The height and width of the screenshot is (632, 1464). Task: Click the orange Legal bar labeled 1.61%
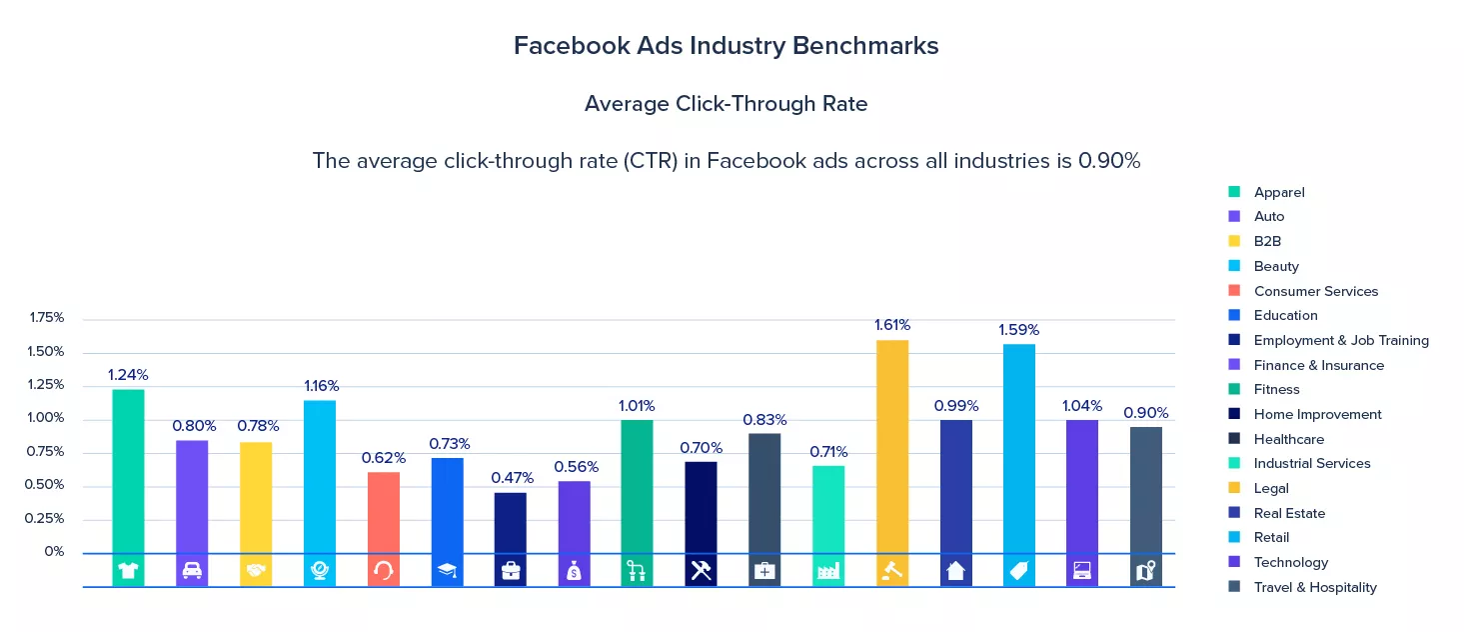coord(892,446)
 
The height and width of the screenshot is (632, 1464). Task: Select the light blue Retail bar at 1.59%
coord(1019,448)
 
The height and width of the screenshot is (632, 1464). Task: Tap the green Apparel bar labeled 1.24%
coord(128,470)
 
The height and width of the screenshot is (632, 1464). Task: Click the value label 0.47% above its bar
coord(512,478)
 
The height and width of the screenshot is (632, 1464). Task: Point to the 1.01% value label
coord(637,406)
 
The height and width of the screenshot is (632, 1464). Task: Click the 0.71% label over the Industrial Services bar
coord(828,451)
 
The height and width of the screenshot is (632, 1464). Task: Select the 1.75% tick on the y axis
coord(47,318)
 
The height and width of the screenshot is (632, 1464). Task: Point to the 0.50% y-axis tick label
coord(47,485)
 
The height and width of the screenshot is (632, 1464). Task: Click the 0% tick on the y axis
coord(55,552)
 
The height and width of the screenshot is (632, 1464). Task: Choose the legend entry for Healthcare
coord(1288,439)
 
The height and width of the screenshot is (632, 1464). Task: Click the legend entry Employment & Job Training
coord(1340,340)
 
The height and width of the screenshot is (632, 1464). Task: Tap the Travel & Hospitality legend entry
coord(1314,587)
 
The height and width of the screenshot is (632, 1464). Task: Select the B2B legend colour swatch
coord(1234,241)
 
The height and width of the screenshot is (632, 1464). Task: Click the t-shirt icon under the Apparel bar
coord(128,571)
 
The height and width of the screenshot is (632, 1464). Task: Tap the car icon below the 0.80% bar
coord(192,571)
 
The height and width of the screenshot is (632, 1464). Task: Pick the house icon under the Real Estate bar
coord(956,571)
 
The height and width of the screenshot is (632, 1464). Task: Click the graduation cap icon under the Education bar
coord(447,571)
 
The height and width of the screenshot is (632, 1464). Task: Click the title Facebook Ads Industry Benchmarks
coord(726,46)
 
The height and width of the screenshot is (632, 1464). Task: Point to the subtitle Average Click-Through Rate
coord(726,104)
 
